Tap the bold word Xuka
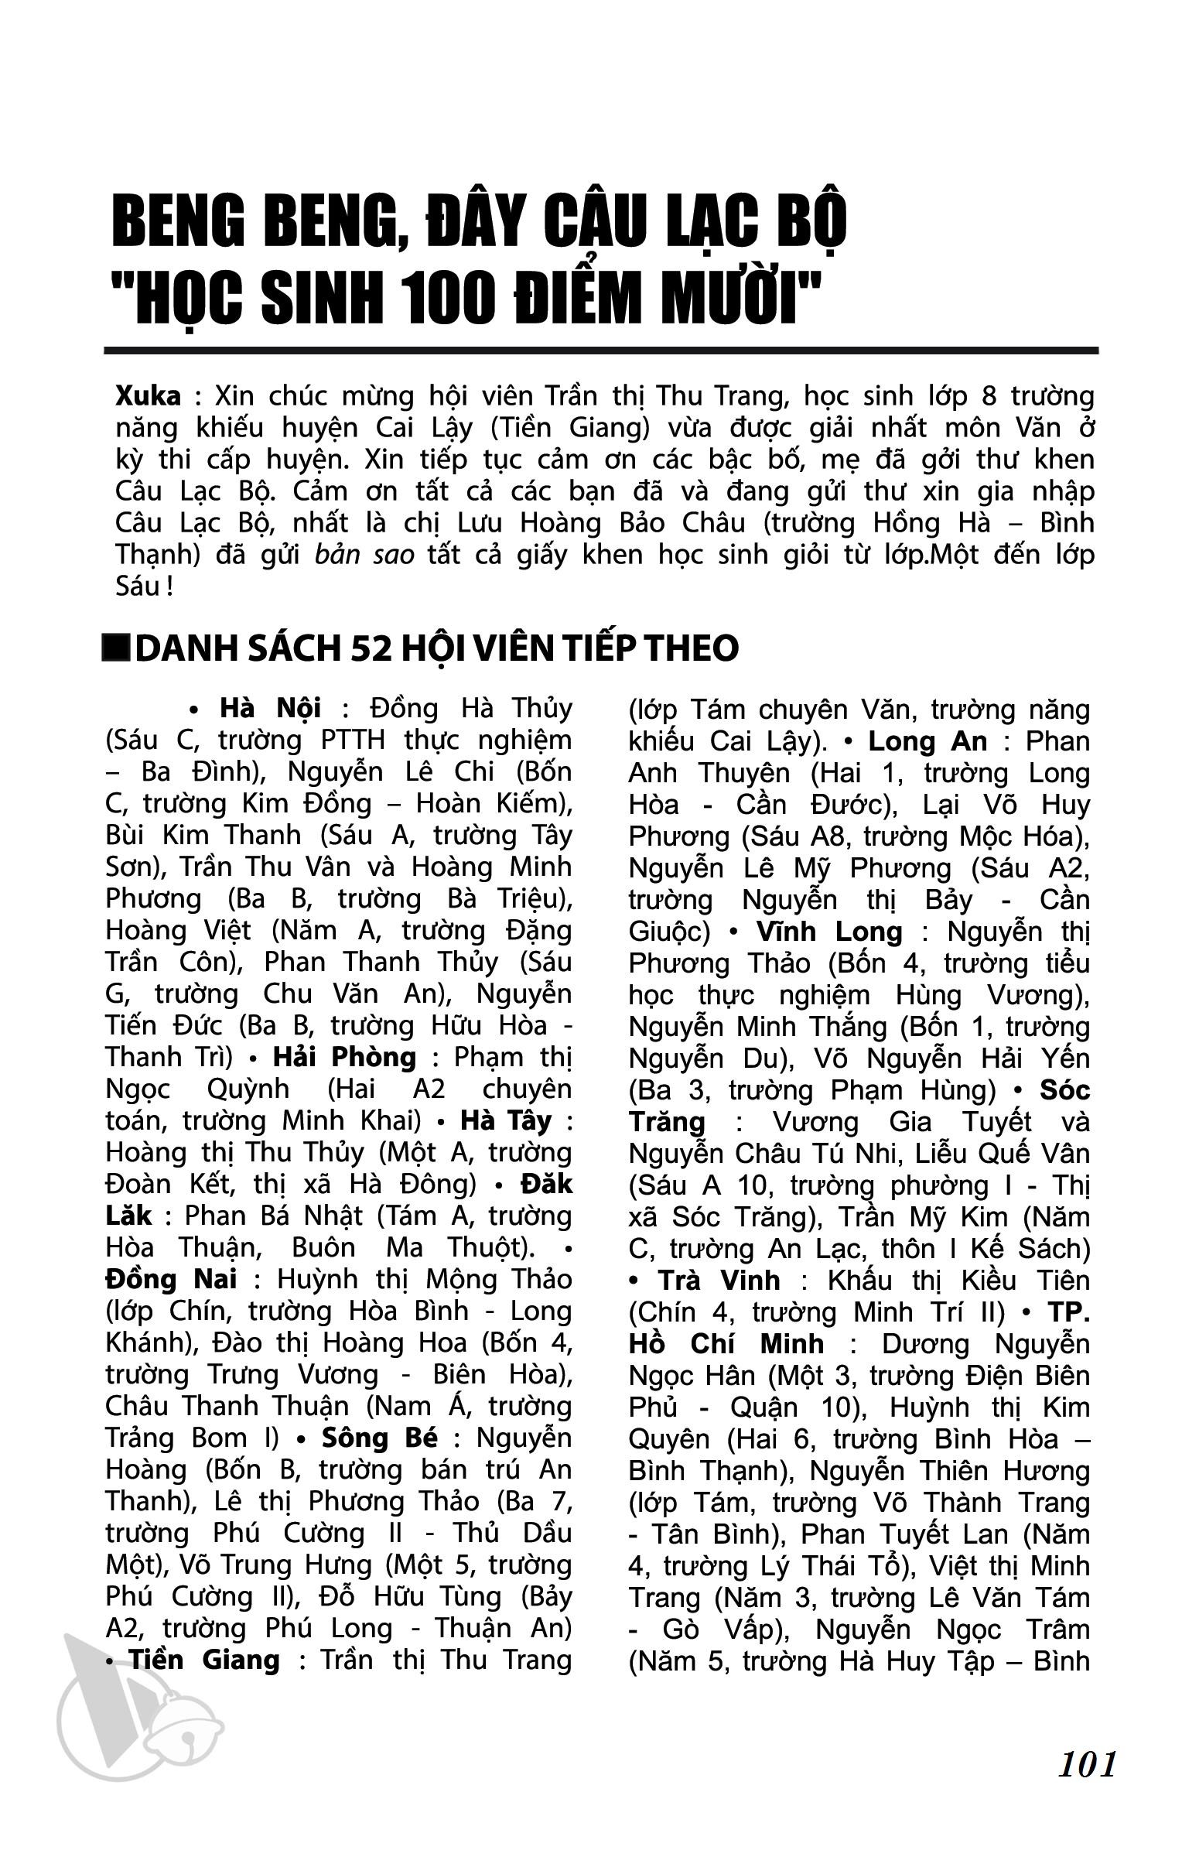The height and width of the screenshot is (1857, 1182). click(x=148, y=395)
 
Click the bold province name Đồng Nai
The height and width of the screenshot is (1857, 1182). click(x=171, y=1279)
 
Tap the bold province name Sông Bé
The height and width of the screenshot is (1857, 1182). click(x=380, y=1438)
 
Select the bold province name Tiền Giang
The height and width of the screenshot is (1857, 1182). click(x=204, y=1660)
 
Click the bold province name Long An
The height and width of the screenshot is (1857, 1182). click(x=927, y=741)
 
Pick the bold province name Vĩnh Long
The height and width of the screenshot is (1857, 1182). click(x=829, y=932)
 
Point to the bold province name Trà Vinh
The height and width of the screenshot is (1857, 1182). click(x=719, y=1281)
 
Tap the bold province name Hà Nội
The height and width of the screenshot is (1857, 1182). click(x=271, y=708)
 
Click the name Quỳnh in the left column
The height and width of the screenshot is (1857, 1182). click(x=248, y=1089)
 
